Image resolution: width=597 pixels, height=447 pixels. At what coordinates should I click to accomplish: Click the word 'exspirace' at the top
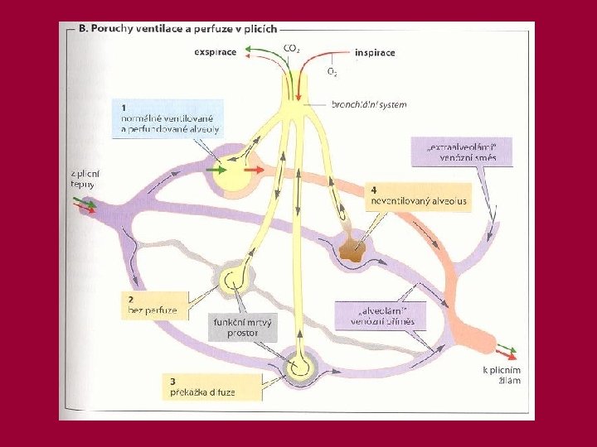[215, 52]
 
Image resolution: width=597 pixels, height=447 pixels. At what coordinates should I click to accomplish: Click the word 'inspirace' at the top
[375, 52]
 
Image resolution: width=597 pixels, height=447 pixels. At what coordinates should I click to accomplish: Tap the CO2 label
[292, 49]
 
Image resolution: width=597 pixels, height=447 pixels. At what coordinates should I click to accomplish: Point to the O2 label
[332, 72]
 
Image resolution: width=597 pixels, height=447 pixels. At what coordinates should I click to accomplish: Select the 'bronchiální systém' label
[369, 105]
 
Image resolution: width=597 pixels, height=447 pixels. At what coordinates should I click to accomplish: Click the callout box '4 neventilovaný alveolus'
[419, 196]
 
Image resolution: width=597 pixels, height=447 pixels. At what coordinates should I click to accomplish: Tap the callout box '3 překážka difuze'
[202, 387]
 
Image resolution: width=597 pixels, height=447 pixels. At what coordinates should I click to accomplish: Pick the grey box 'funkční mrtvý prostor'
[245, 327]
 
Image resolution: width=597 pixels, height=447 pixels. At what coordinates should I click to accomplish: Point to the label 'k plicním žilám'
[502, 375]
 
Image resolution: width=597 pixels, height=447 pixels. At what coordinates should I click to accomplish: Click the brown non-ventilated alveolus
[354, 249]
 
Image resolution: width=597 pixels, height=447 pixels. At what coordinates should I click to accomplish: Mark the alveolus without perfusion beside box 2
[233, 278]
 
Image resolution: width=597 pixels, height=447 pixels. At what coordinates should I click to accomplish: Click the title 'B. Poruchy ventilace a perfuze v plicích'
[177, 30]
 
